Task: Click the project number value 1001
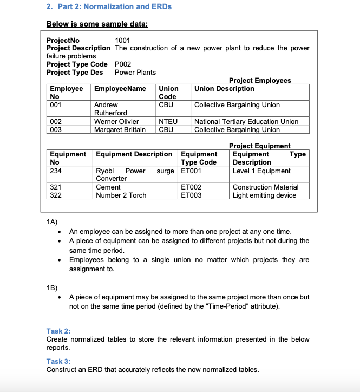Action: pyautogui.click(x=123, y=40)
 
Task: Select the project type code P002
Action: pyautogui.click(x=123, y=64)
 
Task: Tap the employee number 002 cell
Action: pyautogui.click(x=56, y=121)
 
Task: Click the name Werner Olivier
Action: pyautogui.click(x=116, y=121)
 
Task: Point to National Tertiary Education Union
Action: pyautogui.click(x=246, y=121)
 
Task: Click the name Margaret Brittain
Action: pyautogui.click(x=120, y=129)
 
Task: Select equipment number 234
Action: pyautogui.click(x=56, y=171)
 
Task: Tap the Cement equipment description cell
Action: pyautogui.click(x=108, y=187)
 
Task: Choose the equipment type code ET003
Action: pyautogui.click(x=191, y=195)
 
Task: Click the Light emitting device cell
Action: pyautogui.click(x=264, y=195)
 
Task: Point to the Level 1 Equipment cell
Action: pyautogui.click(x=261, y=171)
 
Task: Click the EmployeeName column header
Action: pyautogui.click(x=120, y=89)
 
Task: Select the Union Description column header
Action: pyautogui.click(x=224, y=89)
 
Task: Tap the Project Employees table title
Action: pyautogui.click(x=260, y=80)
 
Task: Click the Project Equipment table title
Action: pyautogui.click(x=260, y=146)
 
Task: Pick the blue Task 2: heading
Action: pyautogui.click(x=58, y=331)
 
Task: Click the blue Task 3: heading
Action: pyautogui.click(x=58, y=361)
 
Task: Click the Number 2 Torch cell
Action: pyautogui.click(x=121, y=195)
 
